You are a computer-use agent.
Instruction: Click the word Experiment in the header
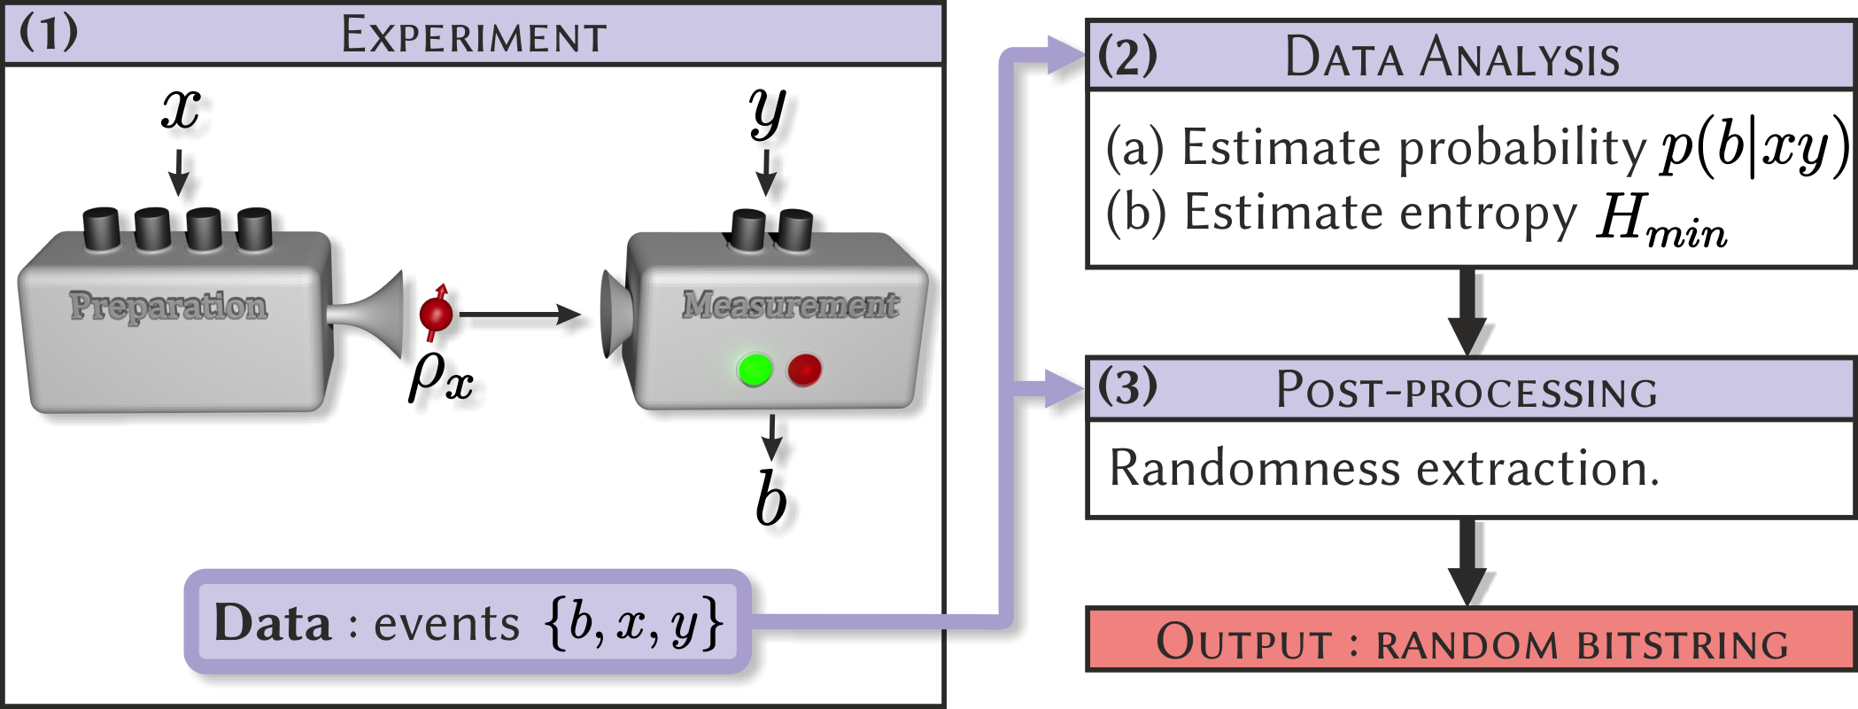click(474, 36)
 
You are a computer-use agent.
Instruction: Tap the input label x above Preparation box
click(184, 112)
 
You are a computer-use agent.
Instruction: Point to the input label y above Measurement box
click(770, 112)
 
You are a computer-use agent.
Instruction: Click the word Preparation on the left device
click(168, 306)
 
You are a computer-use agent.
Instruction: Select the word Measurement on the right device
click(790, 305)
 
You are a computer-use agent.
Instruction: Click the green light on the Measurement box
click(755, 369)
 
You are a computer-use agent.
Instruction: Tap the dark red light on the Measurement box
click(804, 369)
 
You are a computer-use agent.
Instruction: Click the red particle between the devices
click(436, 313)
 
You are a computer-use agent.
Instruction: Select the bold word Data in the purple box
click(272, 623)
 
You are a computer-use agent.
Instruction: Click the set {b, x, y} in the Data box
click(634, 623)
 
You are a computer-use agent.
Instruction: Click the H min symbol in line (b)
click(1660, 218)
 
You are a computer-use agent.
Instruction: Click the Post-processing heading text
click(1466, 391)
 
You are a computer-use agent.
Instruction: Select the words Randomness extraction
click(1383, 468)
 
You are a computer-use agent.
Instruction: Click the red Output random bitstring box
click(1470, 640)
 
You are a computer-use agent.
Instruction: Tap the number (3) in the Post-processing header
click(1126, 387)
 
